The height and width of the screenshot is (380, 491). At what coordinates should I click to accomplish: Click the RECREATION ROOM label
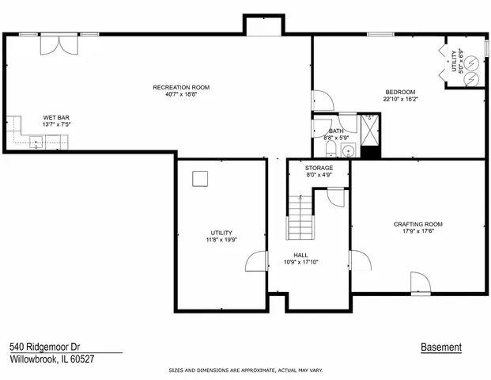pos(181,87)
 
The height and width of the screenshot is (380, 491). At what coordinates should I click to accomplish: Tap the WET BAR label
pos(55,117)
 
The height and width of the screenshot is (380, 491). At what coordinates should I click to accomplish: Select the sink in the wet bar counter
pos(36,142)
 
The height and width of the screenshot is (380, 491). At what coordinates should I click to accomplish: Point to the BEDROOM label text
pos(399,92)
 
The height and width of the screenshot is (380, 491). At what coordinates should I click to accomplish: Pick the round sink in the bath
pos(348,149)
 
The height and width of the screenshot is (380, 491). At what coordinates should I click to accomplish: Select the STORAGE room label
pos(319,168)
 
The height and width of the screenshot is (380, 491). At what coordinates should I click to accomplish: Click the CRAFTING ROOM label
pos(417,224)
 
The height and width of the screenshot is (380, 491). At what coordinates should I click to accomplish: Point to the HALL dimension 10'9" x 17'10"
pos(300,262)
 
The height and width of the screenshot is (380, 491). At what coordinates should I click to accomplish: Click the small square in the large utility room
pos(201,179)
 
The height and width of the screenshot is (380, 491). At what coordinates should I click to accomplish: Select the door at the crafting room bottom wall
pos(419,282)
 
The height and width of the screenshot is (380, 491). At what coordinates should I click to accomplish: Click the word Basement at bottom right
pos(441,348)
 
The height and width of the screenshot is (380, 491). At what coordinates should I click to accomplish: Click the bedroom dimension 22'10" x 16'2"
pos(399,100)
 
